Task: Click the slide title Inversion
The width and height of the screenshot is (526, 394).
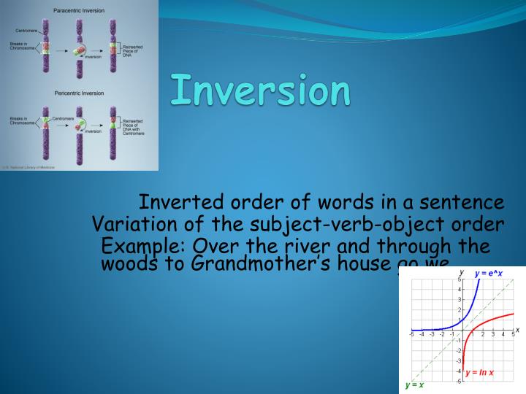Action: tap(260, 90)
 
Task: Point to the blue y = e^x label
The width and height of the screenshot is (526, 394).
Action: tap(488, 274)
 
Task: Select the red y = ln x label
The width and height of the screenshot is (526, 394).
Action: tap(479, 373)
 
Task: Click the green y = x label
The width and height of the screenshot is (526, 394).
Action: tap(414, 385)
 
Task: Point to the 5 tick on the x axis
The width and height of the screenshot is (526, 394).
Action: tap(513, 334)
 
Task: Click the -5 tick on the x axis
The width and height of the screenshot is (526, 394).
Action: tap(412, 334)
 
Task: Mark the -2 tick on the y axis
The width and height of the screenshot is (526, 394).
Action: tap(458, 350)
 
